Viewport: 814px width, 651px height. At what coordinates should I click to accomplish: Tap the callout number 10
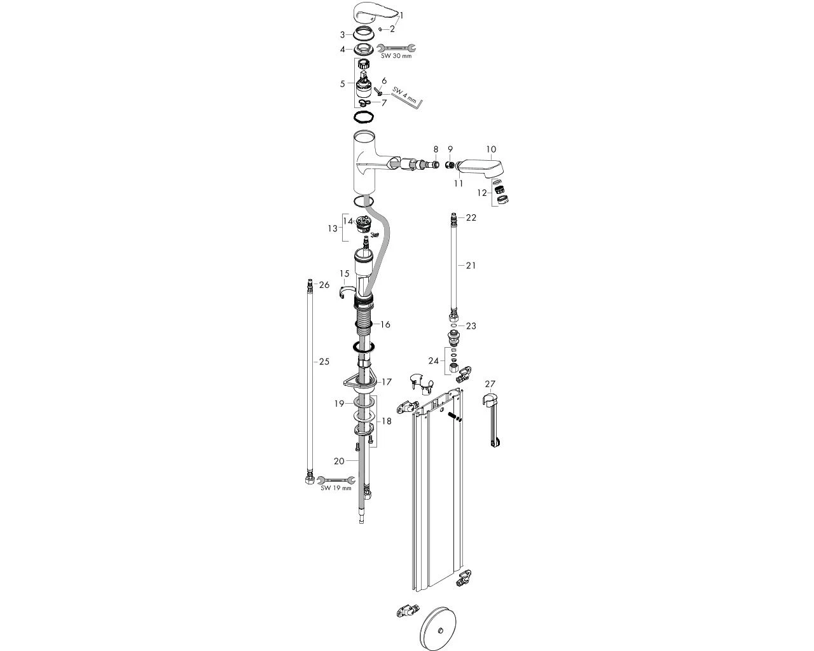pyautogui.click(x=491, y=149)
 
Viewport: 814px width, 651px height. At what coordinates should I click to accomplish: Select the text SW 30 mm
pyautogui.click(x=396, y=56)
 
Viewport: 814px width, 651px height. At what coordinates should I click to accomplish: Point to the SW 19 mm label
pyautogui.click(x=336, y=488)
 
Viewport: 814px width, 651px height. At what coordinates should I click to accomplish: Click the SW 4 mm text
pyautogui.click(x=404, y=95)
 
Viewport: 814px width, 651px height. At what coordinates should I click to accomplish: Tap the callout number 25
pyautogui.click(x=324, y=362)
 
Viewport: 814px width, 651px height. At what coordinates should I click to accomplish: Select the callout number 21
pyautogui.click(x=471, y=266)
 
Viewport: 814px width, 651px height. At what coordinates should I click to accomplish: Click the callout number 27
pyautogui.click(x=490, y=384)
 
